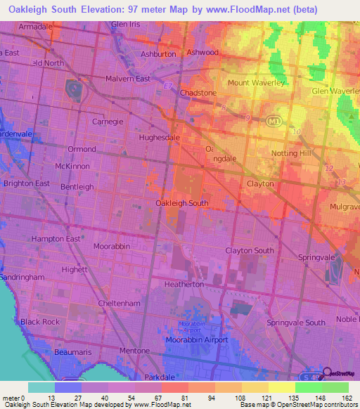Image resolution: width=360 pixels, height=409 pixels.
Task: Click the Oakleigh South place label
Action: (x=181, y=203)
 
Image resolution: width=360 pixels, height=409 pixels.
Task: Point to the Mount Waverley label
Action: (x=256, y=82)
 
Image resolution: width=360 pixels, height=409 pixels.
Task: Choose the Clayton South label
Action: (x=249, y=251)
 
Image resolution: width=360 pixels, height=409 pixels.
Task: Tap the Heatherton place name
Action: (x=184, y=285)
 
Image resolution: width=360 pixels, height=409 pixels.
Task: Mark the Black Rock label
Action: (x=40, y=322)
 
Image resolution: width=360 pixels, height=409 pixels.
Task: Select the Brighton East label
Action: (x=27, y=183)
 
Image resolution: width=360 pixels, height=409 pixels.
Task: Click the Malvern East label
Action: (x=127, y=79)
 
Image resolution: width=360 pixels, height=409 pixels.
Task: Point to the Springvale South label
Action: (x=296, y=323)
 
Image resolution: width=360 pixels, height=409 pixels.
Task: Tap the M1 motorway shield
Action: (x=274, y=122)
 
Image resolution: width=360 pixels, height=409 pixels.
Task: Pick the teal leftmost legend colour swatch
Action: (x=41, y=387)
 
